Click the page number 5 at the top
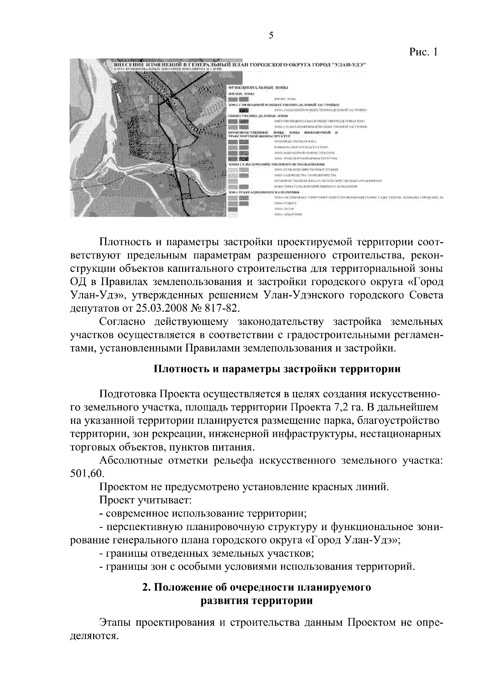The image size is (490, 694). pos(271,36)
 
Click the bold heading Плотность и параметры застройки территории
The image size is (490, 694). pos(277,369)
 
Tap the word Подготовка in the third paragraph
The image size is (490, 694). pos(127,394)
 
